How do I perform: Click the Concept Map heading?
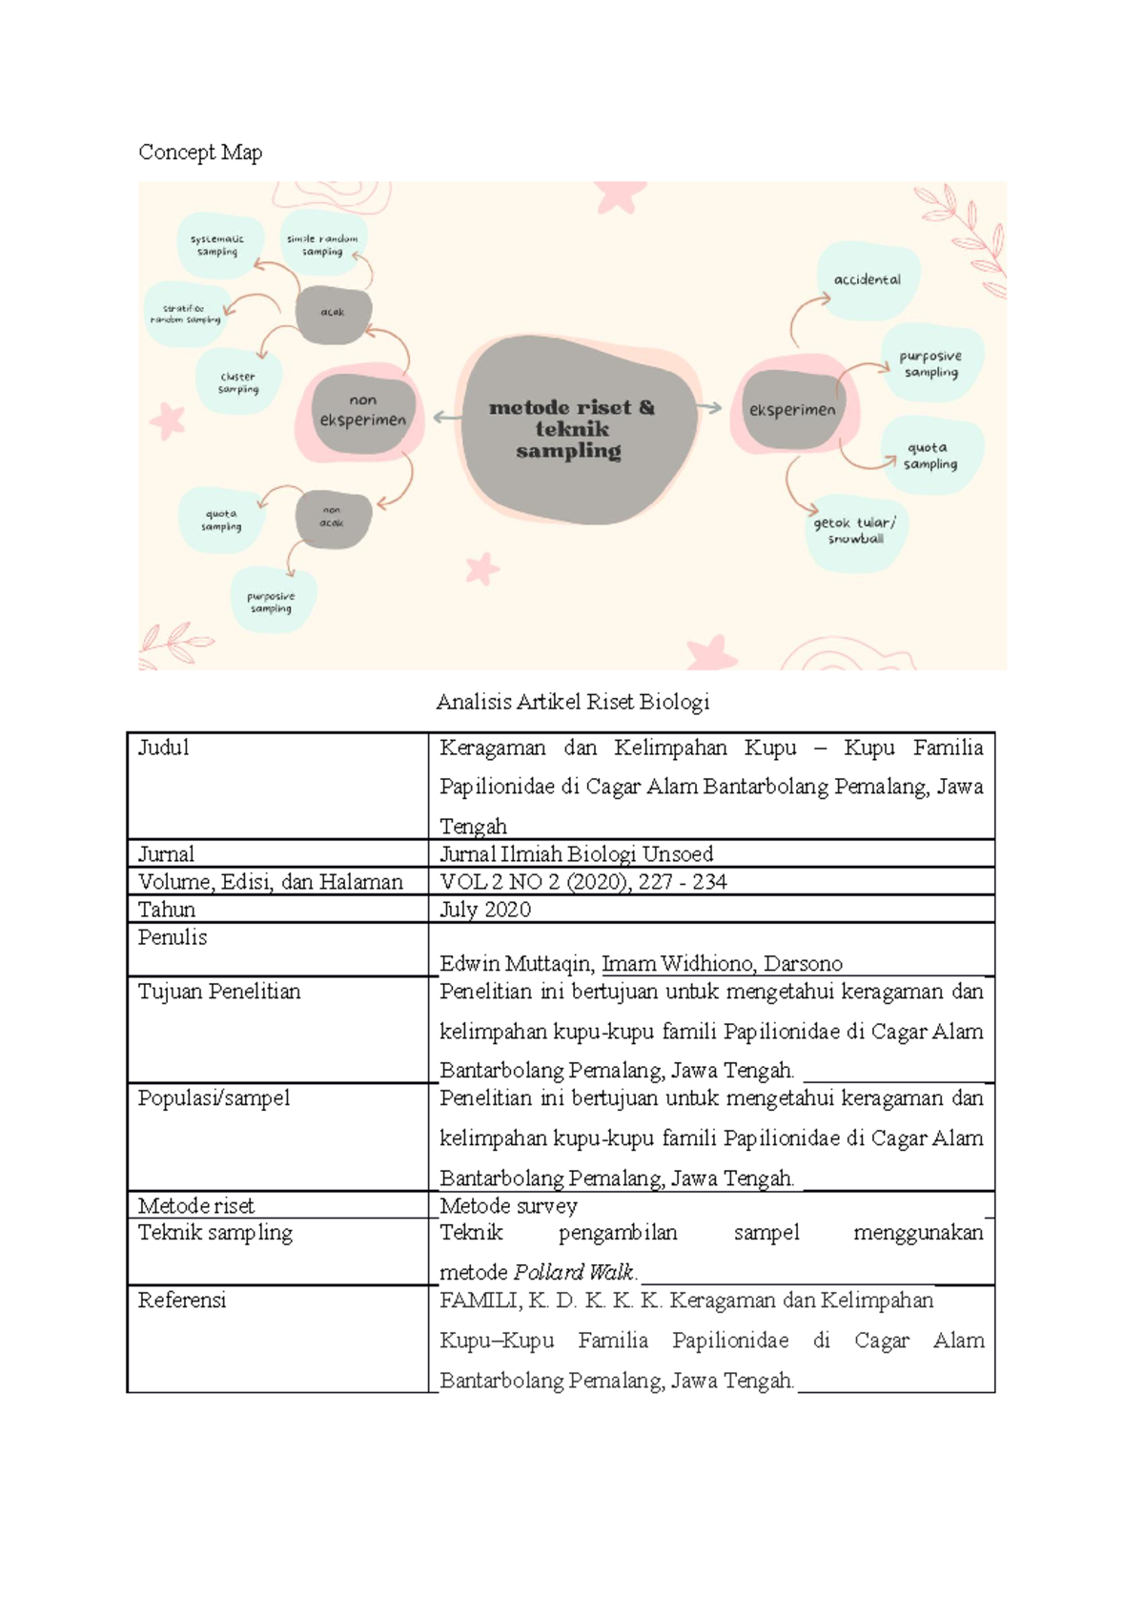[x=200, y=153]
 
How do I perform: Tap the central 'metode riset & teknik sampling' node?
[x=571, y=429]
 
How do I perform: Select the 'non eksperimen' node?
[x=363, y=411]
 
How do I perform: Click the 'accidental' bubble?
[x=868, y=280]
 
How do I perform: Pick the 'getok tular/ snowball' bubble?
[x=855, y=531]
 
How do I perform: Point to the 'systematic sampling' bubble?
[x=217, y=246]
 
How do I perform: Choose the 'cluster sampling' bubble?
[x=238, y=382]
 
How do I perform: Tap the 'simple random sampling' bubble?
[x=322, y=245]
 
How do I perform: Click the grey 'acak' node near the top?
[x=333, y=313]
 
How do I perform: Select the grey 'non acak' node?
[x=332, y=518]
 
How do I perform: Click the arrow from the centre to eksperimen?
[x=709, y=408]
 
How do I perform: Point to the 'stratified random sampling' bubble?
[x=185, y=314]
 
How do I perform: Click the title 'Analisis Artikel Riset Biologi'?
[x=572, y=703]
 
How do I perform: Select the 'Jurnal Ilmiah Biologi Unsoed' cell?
[x=577, y=854]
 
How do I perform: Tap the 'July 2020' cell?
[x=485, y=910]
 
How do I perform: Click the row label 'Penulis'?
[x=173, y=938]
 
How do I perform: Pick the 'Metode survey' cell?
[x=508, y=1206]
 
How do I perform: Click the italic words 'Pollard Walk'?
[x=574, y=1272]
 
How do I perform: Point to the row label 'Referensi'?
[x=182, y=1301]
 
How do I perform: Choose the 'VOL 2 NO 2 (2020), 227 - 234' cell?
[x=583, y=882]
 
